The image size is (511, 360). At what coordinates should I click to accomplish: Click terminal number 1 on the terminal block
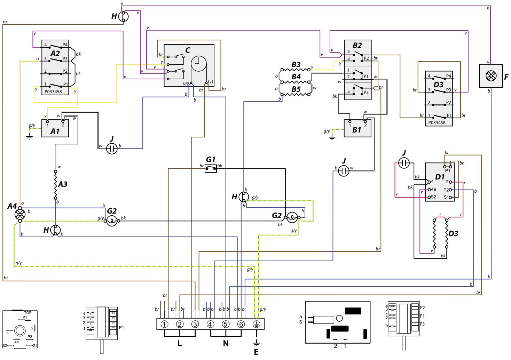click(x=165, y=324)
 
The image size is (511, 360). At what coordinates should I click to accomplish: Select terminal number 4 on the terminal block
click(x=210, y=324)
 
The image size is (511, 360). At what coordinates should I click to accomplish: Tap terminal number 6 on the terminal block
click(x=241, y=324)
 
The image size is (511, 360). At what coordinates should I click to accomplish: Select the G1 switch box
click(x=211, y=169)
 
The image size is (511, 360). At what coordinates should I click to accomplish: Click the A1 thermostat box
click(x=55, y=128)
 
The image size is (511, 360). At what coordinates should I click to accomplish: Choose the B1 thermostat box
click(x=357, y=128)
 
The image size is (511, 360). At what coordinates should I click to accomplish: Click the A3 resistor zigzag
click(x=55, y=185)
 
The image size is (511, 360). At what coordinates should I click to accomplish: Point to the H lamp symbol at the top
click(x=124, y=16)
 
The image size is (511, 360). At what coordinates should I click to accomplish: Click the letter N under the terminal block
click(x=226, y=344)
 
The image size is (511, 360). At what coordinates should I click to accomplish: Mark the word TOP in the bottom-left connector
click(x=28, y=313)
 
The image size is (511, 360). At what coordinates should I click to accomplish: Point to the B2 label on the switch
click(x=357, y=45)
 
